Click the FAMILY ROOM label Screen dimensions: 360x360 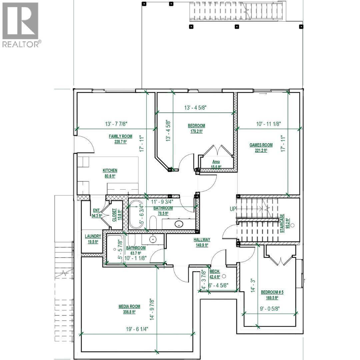pos(120,136)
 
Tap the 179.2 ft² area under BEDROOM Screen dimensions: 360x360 pos(196,131)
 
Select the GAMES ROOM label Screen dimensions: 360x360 pos(261,145)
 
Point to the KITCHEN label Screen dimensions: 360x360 pos(110,170)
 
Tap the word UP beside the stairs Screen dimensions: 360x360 pos(232,209)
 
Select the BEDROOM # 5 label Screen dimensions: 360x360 pos(272,292)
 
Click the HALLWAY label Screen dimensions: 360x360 pos(202,239)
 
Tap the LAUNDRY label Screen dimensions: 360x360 pos(93,236)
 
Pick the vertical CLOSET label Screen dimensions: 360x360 pos(114,215)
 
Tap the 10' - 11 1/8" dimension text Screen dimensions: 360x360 pos(269,124)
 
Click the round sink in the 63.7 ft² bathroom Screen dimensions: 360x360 pos(153,239)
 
